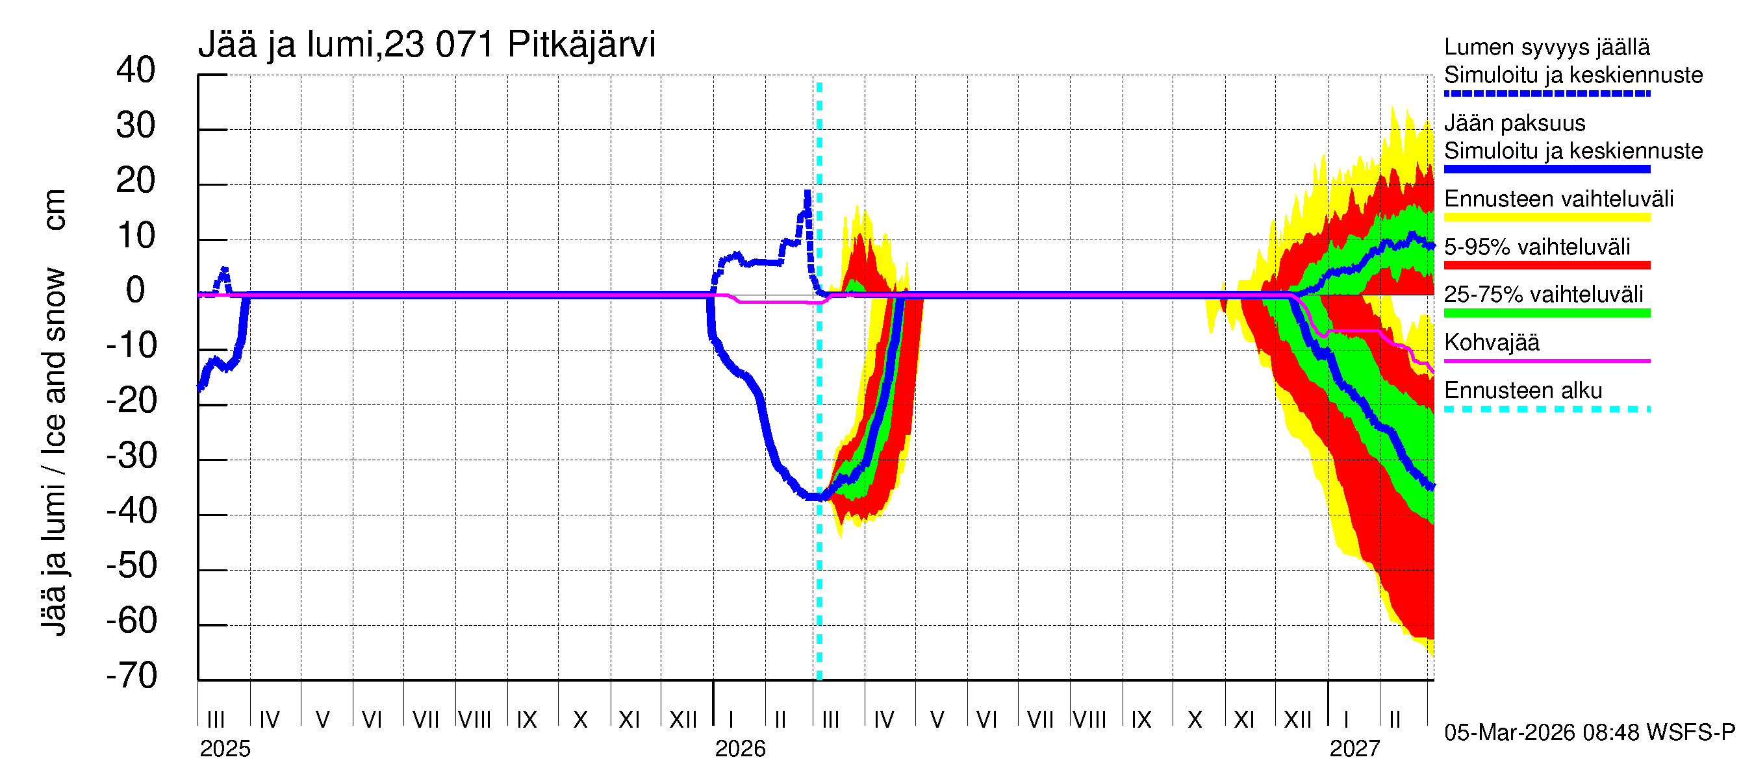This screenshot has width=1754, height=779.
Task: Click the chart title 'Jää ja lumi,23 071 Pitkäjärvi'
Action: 426,45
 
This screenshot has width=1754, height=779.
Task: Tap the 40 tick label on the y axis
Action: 136,70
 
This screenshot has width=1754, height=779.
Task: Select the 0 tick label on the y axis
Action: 136,291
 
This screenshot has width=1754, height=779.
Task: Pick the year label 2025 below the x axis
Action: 225,749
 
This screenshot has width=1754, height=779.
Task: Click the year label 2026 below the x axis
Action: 739,749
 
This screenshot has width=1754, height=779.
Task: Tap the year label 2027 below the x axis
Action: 1354,749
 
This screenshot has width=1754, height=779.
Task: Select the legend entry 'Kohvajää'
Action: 1491,342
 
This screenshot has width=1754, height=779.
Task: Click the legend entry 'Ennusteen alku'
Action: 1523,391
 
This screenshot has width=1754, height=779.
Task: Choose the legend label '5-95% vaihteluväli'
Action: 1537,247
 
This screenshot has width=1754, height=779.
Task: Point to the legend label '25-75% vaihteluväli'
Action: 1543,295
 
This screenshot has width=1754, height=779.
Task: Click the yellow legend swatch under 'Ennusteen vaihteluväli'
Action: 1546,217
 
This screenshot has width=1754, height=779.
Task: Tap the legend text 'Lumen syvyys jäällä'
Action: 1546,47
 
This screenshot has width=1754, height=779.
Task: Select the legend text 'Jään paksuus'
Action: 1514,123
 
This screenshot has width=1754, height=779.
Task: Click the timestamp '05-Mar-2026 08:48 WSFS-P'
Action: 1589,733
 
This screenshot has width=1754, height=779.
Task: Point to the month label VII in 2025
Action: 426,719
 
